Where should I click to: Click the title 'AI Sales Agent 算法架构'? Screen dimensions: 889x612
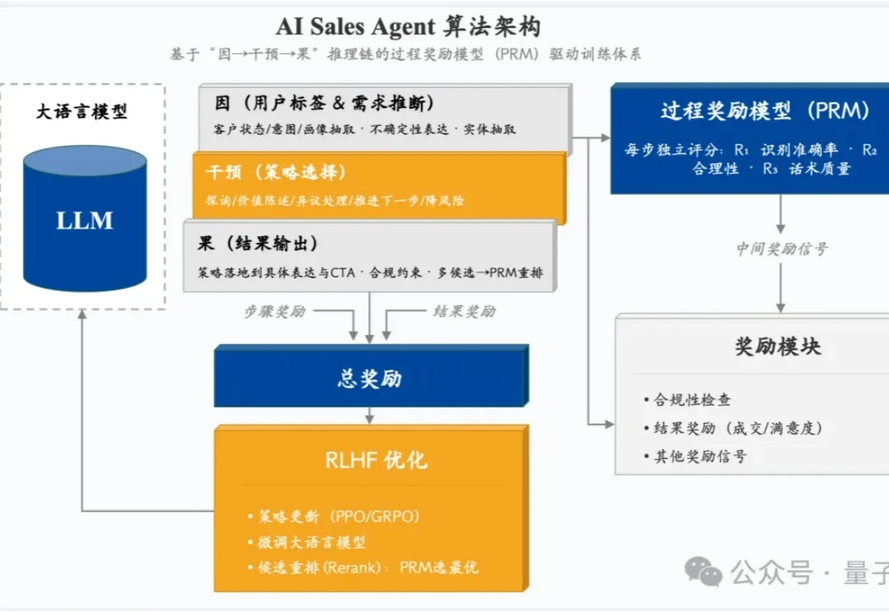408,26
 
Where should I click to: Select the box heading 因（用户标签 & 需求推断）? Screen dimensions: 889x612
325,104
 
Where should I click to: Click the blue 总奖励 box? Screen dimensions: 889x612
370,378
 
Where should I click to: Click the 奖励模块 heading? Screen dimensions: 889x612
778,346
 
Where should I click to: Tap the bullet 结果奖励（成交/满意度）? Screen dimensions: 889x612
737,429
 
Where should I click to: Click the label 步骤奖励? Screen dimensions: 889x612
274,312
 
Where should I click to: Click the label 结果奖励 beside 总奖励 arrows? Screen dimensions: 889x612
464,312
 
